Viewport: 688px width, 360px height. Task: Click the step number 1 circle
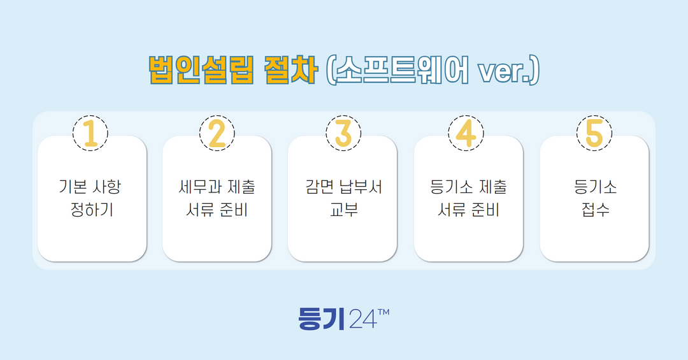[90, 133]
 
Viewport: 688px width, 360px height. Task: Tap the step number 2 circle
[217, 133]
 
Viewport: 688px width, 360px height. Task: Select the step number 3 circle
[343, 133]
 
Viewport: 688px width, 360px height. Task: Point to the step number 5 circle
[594, 133]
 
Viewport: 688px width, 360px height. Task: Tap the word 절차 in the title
[290, 71]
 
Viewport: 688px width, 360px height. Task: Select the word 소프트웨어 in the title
[402, 71]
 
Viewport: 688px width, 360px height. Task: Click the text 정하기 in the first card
[92, 209]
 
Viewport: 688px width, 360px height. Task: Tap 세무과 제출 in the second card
[217, 187]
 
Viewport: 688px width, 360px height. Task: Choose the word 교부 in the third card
[343, 209]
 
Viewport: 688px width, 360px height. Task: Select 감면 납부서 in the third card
[343, 187]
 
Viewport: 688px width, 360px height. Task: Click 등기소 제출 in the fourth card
[468, 187]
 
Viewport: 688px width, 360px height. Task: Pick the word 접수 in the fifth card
[595, 209]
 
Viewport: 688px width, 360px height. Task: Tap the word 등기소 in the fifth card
[595, 187]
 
